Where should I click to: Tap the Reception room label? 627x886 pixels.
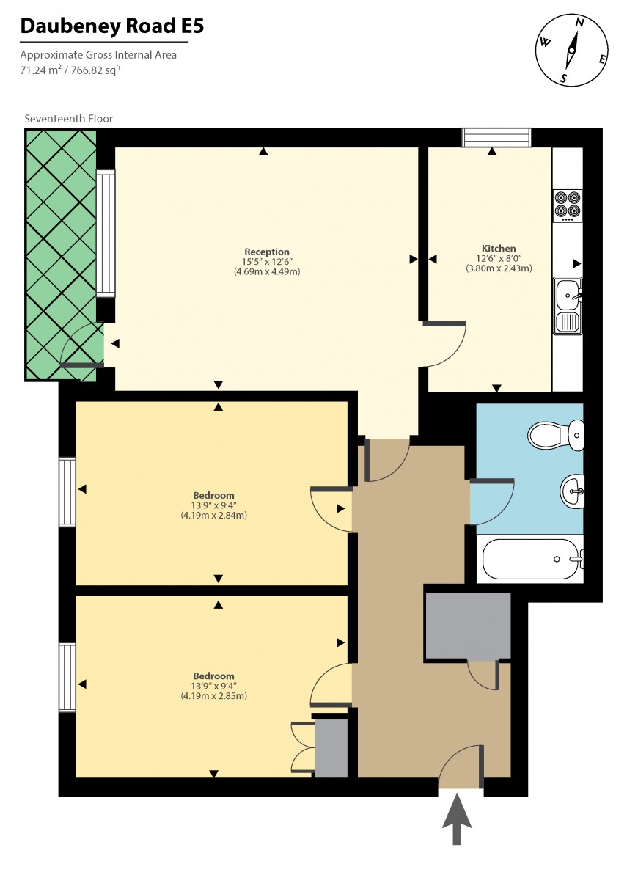(266, 252)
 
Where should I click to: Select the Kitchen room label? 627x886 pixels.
(499, 249)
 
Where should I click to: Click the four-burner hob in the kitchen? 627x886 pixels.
(567, 206)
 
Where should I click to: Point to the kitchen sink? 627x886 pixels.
(568, 306)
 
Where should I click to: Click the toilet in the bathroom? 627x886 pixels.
(557, 435)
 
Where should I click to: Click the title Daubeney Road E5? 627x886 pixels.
(112, 27)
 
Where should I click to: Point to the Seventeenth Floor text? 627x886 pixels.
(69, 119)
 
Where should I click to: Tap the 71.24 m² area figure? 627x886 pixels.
(40, 70)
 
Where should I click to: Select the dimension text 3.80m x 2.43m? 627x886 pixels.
(499, 268)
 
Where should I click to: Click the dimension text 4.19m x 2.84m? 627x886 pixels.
(213, 515)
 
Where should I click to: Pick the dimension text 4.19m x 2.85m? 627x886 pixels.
(213, 695)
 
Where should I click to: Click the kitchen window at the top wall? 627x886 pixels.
(496, 138)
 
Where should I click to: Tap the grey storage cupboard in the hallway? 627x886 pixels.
(468, 626)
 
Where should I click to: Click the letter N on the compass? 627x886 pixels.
(579, 23)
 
